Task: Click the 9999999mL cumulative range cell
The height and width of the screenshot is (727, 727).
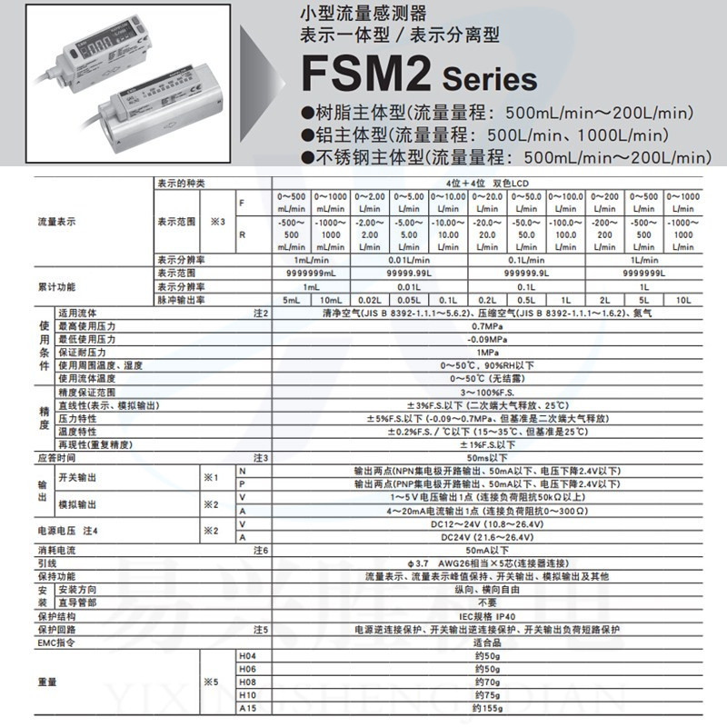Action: pos(311,272)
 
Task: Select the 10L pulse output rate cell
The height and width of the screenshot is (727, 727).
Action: pos(682,298)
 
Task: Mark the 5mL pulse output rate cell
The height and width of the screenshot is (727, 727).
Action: pos(292,298)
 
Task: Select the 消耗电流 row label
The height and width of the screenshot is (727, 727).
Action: pos(56,550)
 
